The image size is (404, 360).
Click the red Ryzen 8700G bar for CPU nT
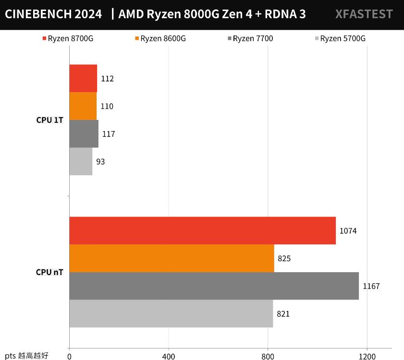[x=202, y=230]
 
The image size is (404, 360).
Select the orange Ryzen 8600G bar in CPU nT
[x=171, y=258]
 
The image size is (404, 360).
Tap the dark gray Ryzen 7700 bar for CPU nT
[x=214, y=286]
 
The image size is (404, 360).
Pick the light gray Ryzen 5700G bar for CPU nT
[x=171, y=313]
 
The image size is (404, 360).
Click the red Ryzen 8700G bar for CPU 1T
[x=83, y=78]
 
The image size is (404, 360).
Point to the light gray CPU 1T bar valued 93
[x=81, y=161]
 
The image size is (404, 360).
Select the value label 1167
[x=371, y=287]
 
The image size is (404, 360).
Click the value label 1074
[x=348, y=231]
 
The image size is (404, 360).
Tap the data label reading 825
[x=284, y=259]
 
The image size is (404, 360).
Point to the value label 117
[x=109, y=134]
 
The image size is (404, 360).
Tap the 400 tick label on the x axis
[x=169, y=356]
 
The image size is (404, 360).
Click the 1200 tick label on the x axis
[x=367, y=356]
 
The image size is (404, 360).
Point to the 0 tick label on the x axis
[x=70, y=356]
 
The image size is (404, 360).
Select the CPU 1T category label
[x=49, y=120]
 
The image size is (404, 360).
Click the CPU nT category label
[x=49, y=272]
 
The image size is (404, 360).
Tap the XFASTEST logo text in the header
[x=364, y=14]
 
